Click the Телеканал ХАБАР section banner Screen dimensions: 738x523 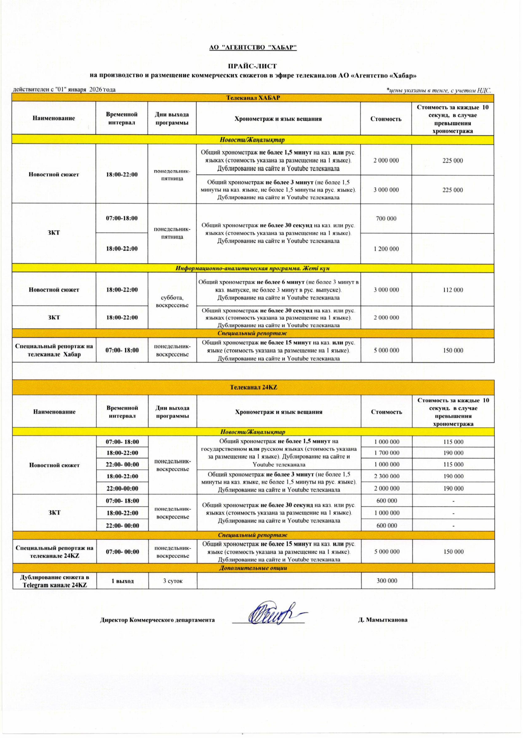coord(253,98)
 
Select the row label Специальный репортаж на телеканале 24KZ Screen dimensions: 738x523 coord(54,552)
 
